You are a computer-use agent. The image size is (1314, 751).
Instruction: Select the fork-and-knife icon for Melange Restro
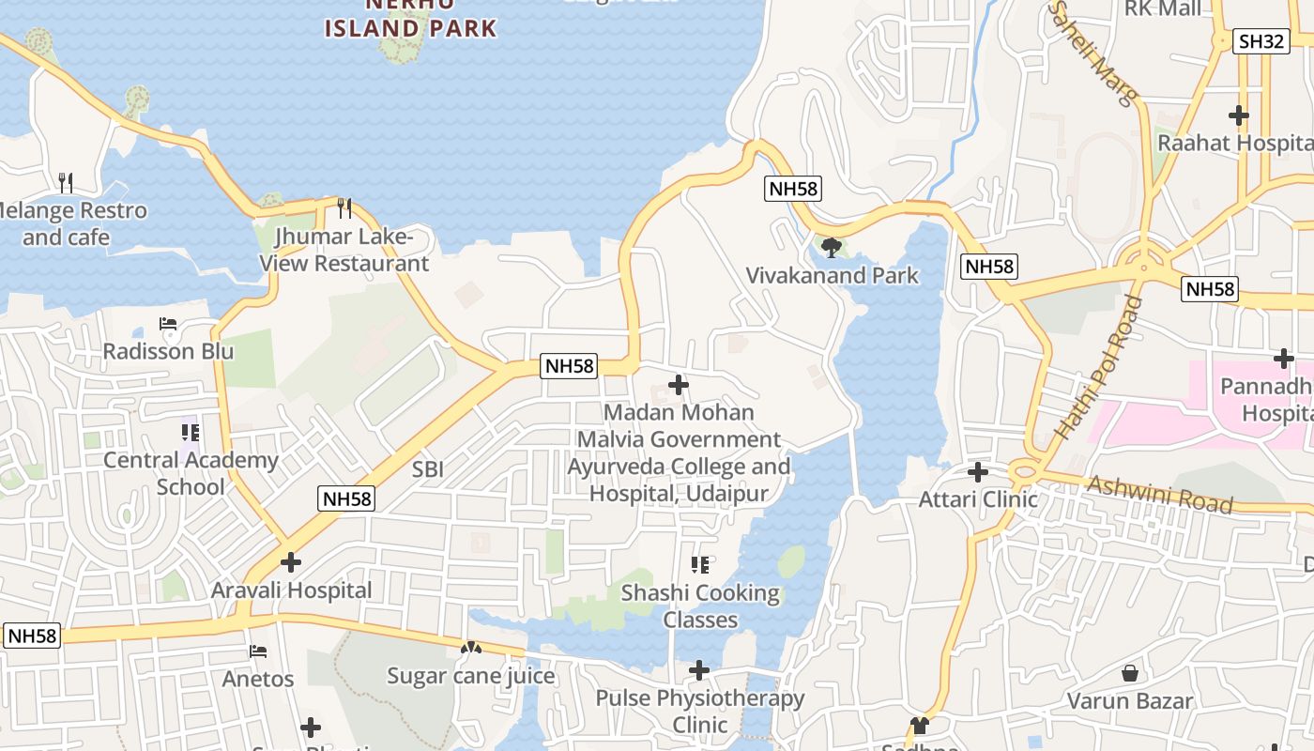[65, 181]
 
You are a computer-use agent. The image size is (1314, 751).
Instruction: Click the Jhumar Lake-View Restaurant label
[344, 250]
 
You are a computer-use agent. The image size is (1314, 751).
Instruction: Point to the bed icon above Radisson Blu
[168, 325]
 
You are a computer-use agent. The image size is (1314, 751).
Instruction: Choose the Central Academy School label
[191, 473]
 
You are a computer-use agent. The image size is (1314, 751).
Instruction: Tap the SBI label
[428, 469]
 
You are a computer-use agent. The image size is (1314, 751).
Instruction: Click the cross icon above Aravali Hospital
[291, 562]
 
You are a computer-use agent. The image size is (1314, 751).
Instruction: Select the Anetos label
[258, 678]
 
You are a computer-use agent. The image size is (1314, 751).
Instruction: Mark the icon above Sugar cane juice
[470, 648]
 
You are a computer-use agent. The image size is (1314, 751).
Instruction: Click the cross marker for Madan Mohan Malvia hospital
[678, 385]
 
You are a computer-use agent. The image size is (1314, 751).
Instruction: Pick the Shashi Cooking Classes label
[700, 606]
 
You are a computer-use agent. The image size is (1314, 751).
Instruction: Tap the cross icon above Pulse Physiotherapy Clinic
[699, 670]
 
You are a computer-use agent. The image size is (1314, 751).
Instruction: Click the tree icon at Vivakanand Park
[831, 248]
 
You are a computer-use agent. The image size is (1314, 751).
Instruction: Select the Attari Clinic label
[978, 499]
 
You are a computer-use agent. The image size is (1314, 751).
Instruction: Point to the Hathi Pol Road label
[1100, 367]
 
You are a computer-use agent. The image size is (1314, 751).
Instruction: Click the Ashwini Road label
[1160, 494]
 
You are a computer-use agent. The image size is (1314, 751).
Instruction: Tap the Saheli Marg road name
[1093, 52]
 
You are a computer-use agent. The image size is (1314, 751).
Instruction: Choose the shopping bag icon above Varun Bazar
[1130, 673]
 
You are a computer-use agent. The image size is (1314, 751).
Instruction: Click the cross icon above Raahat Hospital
[1239, 115]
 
